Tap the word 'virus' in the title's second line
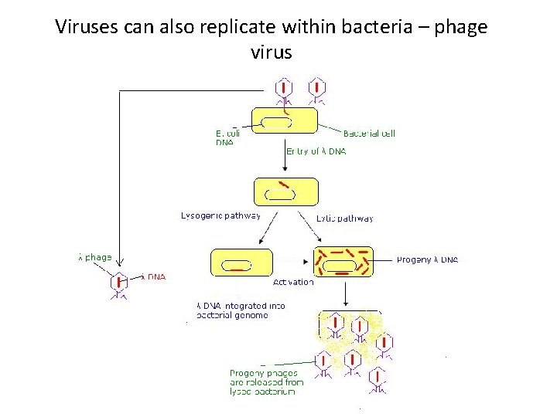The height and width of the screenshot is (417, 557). (272, 53)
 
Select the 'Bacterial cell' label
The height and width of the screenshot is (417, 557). (369, 133)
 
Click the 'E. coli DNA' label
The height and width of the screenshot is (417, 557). (227, 137)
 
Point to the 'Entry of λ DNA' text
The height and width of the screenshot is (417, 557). (316, 151)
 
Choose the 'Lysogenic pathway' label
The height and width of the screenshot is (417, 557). (220, 215)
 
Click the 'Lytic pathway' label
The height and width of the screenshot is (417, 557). (345, 218)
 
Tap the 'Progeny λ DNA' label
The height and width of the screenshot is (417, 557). (427, 260)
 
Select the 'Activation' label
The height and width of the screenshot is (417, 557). (293, 282)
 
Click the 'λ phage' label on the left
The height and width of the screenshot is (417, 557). (95, 257)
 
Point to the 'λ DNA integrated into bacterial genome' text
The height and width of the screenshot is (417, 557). (241, 310)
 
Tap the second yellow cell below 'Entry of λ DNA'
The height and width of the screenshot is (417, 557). (286, 192)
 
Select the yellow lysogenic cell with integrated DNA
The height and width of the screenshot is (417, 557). (241, 263)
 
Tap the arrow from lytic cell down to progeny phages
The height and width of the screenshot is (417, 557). (346, 293)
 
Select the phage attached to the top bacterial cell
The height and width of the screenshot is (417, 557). (284, 92)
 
